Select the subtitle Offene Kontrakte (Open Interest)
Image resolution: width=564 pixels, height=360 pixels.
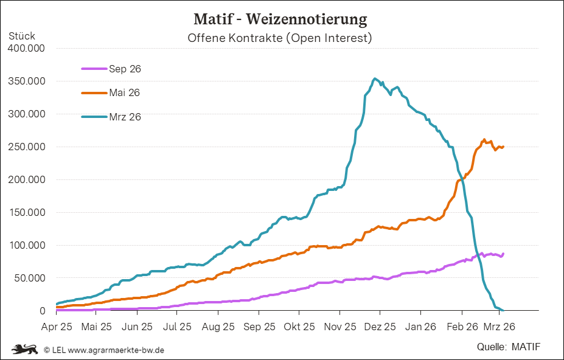click(280, 38)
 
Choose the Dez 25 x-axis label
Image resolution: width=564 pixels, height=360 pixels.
click(380, 327)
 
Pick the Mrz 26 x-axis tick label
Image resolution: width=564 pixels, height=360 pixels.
click(500, 327)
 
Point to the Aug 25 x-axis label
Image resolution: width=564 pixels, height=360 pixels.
click(218, 327)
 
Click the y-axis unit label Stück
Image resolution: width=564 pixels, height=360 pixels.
click(22, 36)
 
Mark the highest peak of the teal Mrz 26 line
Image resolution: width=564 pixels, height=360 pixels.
click(375, 78)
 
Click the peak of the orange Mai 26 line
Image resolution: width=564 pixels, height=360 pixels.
click(484, 140)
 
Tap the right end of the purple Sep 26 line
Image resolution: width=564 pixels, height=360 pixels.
click(503, 254)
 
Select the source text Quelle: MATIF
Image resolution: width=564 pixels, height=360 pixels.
click(509, 347)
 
